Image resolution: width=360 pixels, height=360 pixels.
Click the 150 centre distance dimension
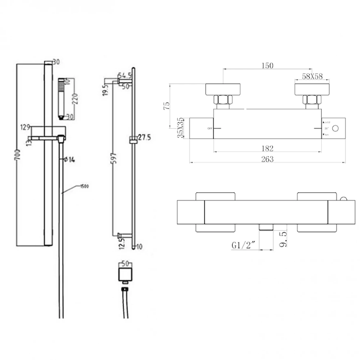267,66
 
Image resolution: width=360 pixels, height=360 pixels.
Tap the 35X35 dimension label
182,128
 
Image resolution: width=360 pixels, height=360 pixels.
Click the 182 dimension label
267,148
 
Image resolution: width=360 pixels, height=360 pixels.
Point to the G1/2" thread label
244,246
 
